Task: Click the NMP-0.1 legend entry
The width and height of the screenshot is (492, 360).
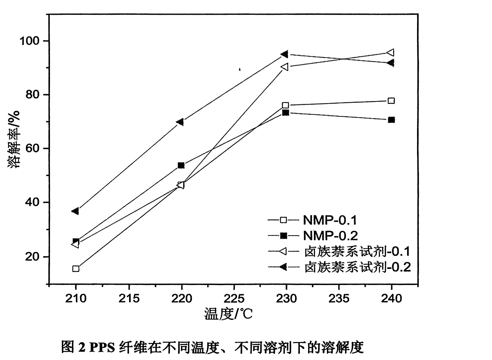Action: [330, 220]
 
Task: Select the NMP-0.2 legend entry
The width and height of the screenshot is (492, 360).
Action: [330, 236]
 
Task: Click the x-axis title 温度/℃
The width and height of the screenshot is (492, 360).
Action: [228, 314]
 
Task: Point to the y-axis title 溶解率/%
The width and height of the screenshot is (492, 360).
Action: [14, 139]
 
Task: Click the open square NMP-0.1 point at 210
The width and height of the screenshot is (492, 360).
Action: [76, 269]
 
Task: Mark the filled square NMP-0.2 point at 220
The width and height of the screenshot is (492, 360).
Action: [181, 165]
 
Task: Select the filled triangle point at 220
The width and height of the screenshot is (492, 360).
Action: [180, 122]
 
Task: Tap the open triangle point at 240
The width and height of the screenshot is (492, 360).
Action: [390, 52]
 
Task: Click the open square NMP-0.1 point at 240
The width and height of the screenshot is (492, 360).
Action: [391, 101]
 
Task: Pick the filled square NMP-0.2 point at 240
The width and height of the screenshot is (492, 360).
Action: [391, 120]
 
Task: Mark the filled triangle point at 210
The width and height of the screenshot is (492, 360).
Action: [75, 211]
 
